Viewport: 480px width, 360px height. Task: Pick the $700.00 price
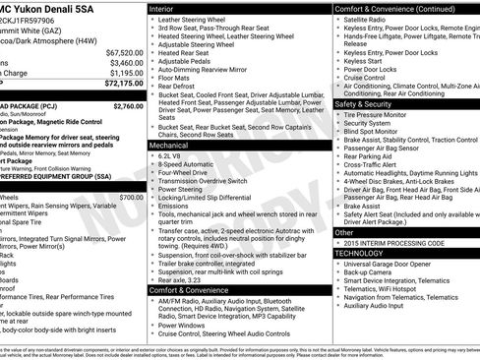point(131,197)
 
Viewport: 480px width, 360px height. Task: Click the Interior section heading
point(168,7)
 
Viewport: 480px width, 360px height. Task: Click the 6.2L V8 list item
point(175,155)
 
